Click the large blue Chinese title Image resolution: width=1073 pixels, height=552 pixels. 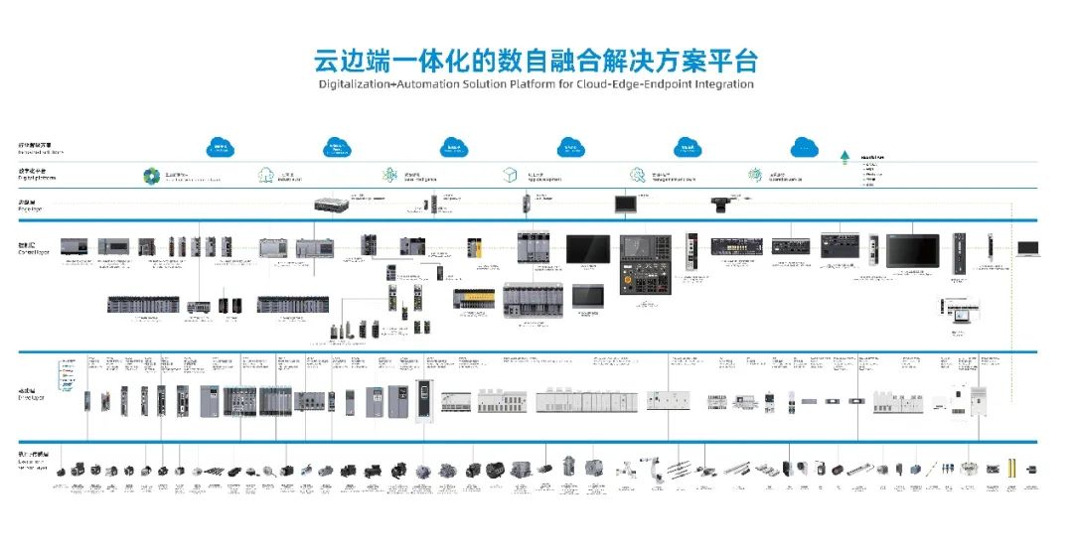[536, 60]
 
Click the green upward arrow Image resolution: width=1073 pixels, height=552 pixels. [843, 156]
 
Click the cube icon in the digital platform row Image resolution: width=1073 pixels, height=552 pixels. [511, 175]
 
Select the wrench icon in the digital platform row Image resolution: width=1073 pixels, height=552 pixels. [756, 175]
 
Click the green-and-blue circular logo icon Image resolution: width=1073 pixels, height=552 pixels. [151, 176]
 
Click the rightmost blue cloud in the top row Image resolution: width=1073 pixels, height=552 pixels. [804, 148]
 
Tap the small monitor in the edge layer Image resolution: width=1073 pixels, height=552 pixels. [627, 204]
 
